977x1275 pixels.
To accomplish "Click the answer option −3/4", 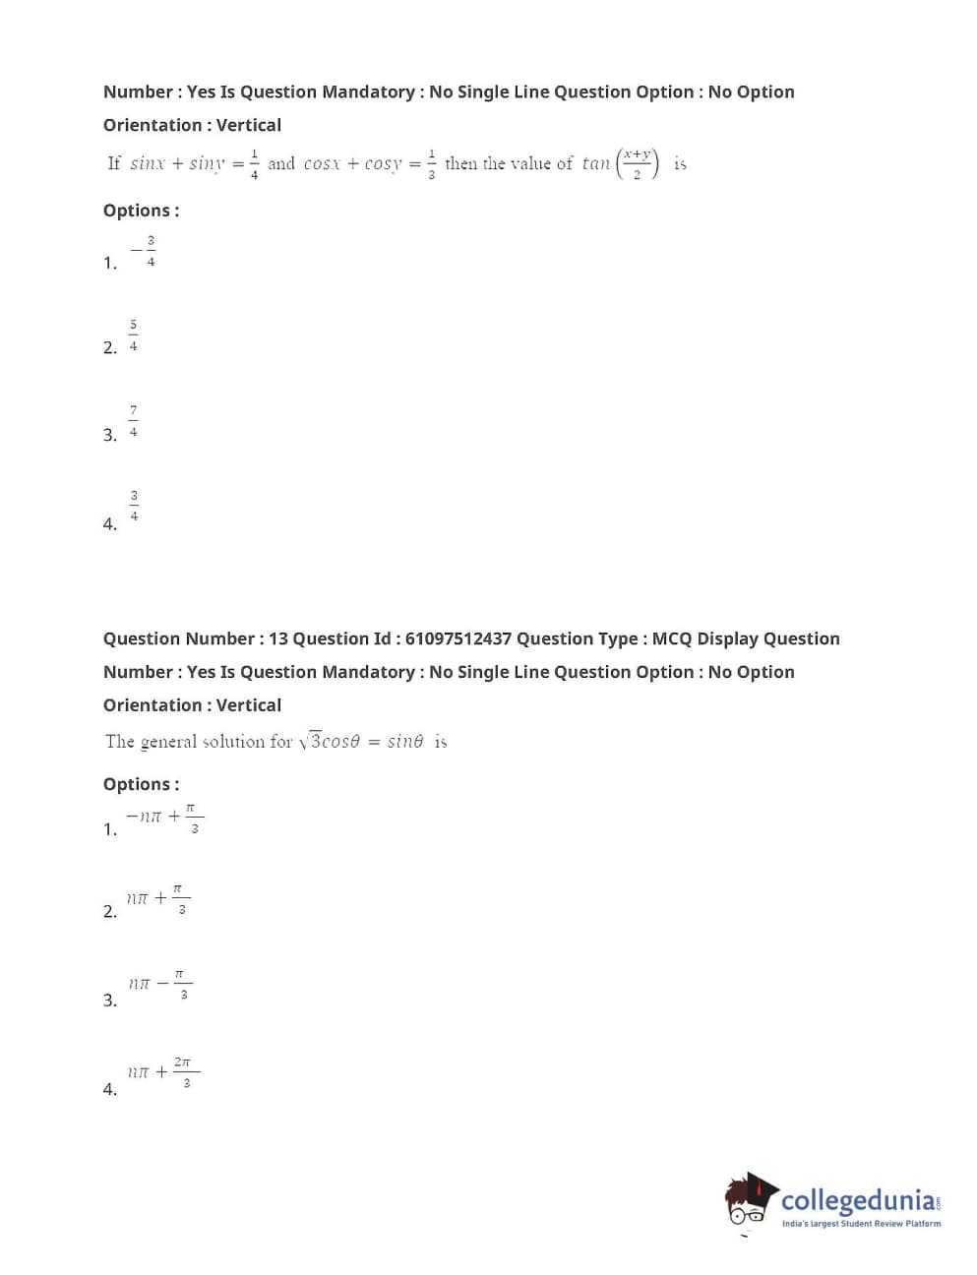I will tap(145, 252).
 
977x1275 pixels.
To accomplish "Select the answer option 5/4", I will tap(134, 335).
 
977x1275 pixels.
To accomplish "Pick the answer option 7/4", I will tap(134, 421).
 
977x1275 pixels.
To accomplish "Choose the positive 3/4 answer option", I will tap(135, 506).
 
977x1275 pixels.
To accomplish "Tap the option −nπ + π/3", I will tap(164, 818).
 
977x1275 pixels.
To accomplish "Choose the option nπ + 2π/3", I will tap(163, 1071).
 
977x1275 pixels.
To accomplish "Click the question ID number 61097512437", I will tap(458, 638).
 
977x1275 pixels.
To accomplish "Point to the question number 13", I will tap(278, 638).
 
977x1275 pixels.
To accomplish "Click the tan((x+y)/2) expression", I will tap(621, 163).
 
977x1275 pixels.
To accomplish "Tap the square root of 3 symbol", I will tap(311, 741).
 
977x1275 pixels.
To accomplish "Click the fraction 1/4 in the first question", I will tap(254, 164).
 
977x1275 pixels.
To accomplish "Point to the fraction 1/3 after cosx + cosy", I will tap(431, 164).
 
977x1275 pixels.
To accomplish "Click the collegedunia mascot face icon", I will tap(751, 1200).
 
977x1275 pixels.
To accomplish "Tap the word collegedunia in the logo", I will tap(858, 1201).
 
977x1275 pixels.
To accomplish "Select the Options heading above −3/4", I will tap(141, 211).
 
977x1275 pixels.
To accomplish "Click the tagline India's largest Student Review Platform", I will tap(861, 1224).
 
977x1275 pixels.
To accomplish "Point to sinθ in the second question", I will tap(405, 742).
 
